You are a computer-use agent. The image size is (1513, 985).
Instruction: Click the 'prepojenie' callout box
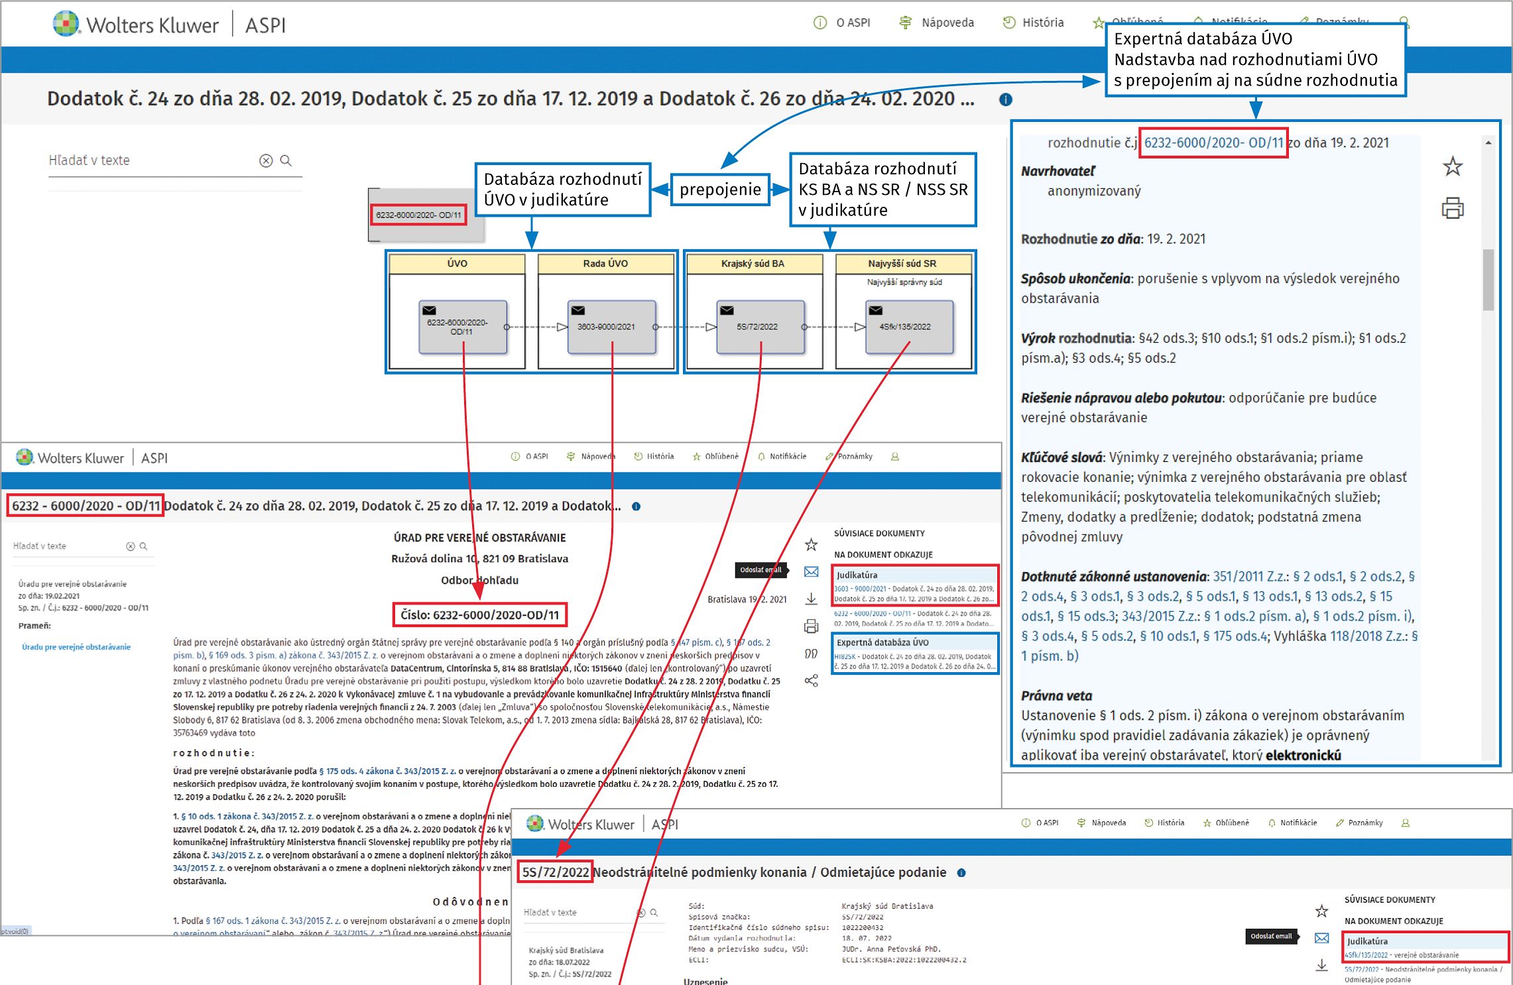[720, 190]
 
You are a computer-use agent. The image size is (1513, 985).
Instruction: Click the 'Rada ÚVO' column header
[605, 264]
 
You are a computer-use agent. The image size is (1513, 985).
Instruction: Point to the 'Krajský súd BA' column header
[753, 264]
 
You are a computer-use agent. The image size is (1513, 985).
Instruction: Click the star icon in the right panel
[1453, 166]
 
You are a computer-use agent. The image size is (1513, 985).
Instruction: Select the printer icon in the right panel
[1453, 208]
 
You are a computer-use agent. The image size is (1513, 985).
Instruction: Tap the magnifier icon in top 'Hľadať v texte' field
[286, 160]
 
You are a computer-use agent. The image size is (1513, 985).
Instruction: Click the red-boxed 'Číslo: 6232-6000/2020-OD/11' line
[480, 615]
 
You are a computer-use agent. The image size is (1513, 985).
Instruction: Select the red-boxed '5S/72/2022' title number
[555, 872]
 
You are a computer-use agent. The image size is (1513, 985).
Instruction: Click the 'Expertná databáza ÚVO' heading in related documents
[882, 642]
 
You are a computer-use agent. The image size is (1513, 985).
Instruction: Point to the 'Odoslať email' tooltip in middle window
[761, 570]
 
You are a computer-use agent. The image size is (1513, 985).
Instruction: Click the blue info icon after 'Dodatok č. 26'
[1006, 99]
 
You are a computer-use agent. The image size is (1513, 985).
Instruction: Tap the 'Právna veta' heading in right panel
[1056, 696]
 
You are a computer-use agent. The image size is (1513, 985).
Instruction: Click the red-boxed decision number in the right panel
[1213, 143]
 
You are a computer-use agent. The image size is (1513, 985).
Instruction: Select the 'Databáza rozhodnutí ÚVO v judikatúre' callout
[562, 190]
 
